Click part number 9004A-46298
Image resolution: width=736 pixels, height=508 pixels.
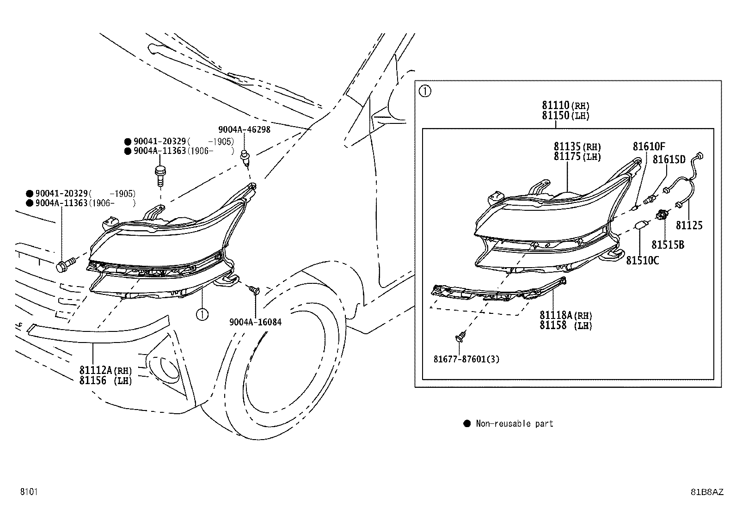coord(244,129)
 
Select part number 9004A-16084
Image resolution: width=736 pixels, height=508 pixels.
coord(255,322)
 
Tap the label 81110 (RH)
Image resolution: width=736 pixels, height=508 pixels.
coord(565,105)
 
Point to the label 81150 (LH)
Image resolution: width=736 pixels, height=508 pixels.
coord(565,116)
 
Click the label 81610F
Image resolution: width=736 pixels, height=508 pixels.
coord(649,146)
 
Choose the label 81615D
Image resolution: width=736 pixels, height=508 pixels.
coord(669,159)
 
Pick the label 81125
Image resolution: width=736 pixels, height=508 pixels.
coord(689,226)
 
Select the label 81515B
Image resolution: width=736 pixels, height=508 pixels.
coord(668,245)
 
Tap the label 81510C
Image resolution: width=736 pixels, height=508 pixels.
coord(642,261)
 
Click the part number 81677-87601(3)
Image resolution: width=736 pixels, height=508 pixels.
coord(466,359)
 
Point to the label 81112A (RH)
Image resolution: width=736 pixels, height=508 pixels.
coord(105,370)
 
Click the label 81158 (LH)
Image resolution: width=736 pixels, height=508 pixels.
coord(566,325)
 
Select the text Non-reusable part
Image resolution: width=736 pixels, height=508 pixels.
coord(515,423)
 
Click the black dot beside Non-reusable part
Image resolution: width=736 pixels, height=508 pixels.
coord(467,423)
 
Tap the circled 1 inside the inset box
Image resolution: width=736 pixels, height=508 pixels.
coord(425,91)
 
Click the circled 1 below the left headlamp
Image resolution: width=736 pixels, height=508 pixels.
coord(202,315)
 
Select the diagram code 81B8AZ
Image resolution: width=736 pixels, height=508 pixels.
coord(707,492)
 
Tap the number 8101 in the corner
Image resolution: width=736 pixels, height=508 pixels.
coord(29,491)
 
